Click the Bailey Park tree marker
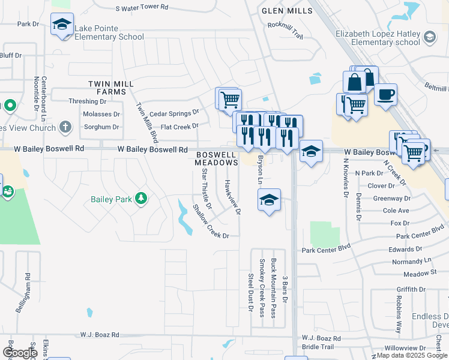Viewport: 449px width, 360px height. click(x=141, y=198)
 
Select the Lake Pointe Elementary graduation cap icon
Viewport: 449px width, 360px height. click(x=62, y=25)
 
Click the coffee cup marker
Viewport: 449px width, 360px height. click(x=386, y=94)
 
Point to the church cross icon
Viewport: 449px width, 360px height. click(x=65, y=127)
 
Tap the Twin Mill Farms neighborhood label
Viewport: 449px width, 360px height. click(x=108, y=88)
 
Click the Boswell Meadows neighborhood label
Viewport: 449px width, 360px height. click(x=217, y=158)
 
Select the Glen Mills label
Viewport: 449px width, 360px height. click(x=287, y=11)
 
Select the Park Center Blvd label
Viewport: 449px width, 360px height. click(x=326, y=249)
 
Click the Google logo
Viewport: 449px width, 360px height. click(x=19, y=353)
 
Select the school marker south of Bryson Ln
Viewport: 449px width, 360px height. click(x=269, y=199)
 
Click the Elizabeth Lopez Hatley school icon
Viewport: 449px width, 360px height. click(x=429, y=38)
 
